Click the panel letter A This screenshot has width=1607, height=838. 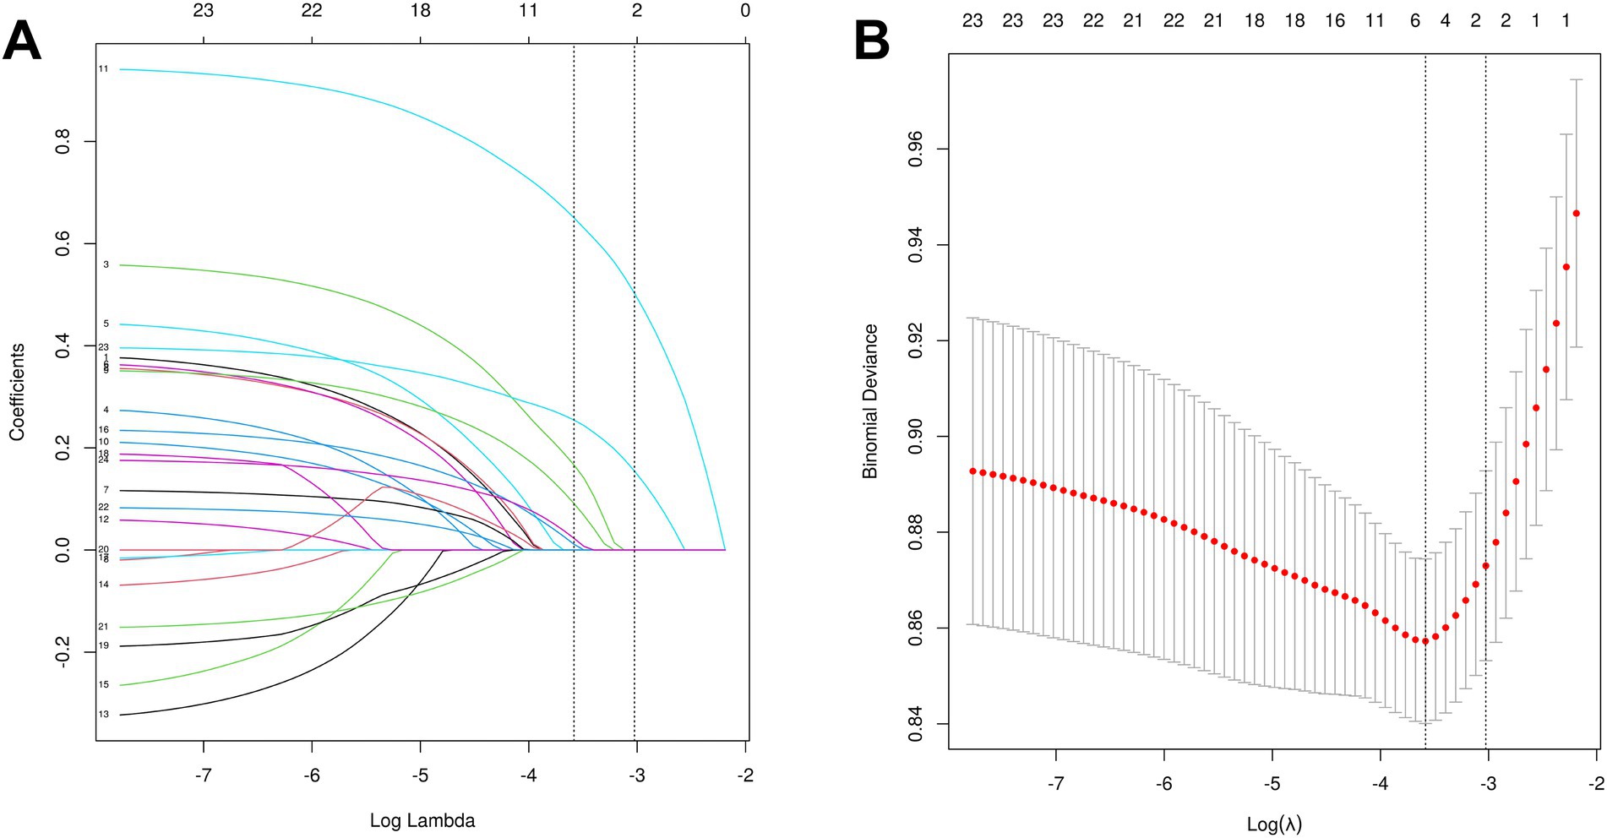click(22, 40)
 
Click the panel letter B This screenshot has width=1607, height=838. click(872, 40)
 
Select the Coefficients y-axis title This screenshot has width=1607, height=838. click(17, 392)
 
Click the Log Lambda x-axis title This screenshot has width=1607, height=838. click(422, 820)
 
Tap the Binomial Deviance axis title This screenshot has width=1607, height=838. click(870, 401)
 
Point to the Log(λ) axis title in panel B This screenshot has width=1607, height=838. click(1274, 824)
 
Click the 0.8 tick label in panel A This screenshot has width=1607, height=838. click(63, 141)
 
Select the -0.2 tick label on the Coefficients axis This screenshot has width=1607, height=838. click(63, 653)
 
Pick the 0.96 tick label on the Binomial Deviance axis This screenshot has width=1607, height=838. click(916, 150)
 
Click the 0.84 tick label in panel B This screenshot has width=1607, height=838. click(916, 724)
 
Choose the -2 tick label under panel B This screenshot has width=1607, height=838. click(1595, 784)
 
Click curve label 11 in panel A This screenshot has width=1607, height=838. click(103, 68)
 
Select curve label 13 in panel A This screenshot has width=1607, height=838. click(103, 715)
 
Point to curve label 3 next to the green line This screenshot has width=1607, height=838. click(106, 264)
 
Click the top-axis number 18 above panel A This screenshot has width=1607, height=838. click(420, 11)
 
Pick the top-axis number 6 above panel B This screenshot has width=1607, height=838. click(1415, 21)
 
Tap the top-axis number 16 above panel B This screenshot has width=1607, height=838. click(1335, 21)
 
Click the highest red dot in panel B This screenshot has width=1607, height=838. click(1576, 214)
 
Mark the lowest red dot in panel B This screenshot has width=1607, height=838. click(1425, 641)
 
